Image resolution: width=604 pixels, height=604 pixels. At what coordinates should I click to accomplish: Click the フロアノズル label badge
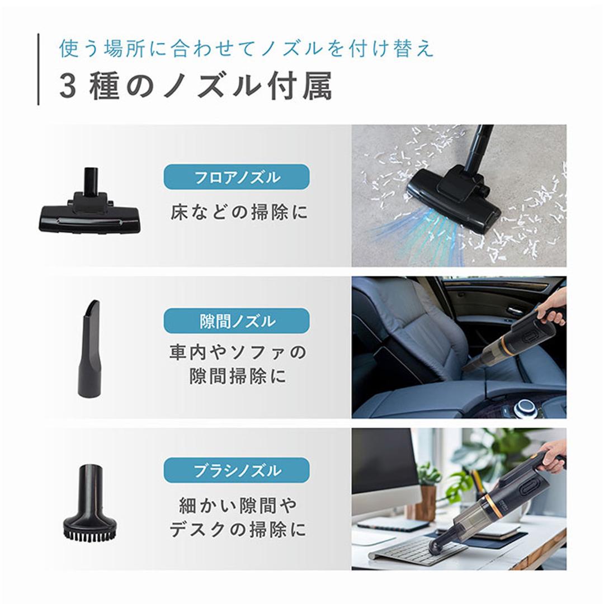[236, 177]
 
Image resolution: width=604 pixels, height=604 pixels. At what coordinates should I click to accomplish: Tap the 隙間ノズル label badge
[236, 321]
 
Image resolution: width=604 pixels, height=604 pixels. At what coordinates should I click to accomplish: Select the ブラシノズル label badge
[236, 470]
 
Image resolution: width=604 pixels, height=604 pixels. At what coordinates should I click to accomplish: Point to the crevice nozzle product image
[89, 349]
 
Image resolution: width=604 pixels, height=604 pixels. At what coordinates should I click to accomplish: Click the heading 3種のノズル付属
[195, 87]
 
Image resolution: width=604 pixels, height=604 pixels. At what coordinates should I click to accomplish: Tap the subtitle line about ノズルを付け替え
[246, 49]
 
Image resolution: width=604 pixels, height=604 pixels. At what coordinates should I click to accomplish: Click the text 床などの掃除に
[239, 213]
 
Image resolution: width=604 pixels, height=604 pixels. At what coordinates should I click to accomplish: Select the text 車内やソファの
[238, 353]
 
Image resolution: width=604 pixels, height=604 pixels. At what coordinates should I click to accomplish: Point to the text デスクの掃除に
[238, 529]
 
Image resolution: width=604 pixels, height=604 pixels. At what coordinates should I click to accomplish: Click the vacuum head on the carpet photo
[454, 199]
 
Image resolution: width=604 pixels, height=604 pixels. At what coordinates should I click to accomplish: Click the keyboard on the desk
[417, 551]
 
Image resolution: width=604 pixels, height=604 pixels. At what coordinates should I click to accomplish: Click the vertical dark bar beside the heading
[39, 69]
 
